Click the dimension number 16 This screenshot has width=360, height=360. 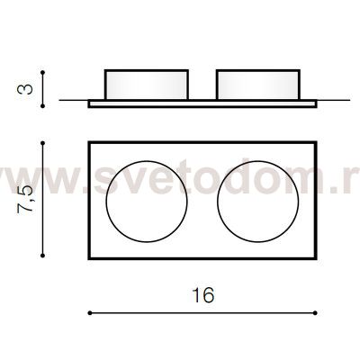[x=203, y=295]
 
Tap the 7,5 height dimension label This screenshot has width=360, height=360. [x=25, y=199]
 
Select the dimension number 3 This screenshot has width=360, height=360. [x=25, y=89]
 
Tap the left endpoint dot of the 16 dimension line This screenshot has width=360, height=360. [x=90, y=313]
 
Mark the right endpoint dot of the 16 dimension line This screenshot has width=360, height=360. [x=315, y=313]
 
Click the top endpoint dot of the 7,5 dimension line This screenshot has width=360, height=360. [x=42, y=143]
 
